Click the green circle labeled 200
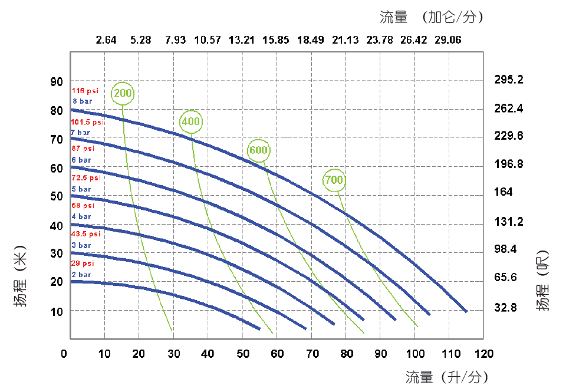[x=123, y=93]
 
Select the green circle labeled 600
[x=259, y=150]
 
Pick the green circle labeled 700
[x=334, y=180]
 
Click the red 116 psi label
[x=85, y=91]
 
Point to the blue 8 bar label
[x=83, y=101]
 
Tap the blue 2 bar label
[x=81, y=274]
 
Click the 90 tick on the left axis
[x=56, y=81]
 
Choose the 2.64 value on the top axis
[x=106, y=40]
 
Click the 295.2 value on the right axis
[x=509, y=80]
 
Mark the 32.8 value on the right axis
[x=505, y=307]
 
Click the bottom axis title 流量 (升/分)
[x=446, y=377]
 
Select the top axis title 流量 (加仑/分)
[x=432, y=17]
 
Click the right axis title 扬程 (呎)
[x=543, y=281]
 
